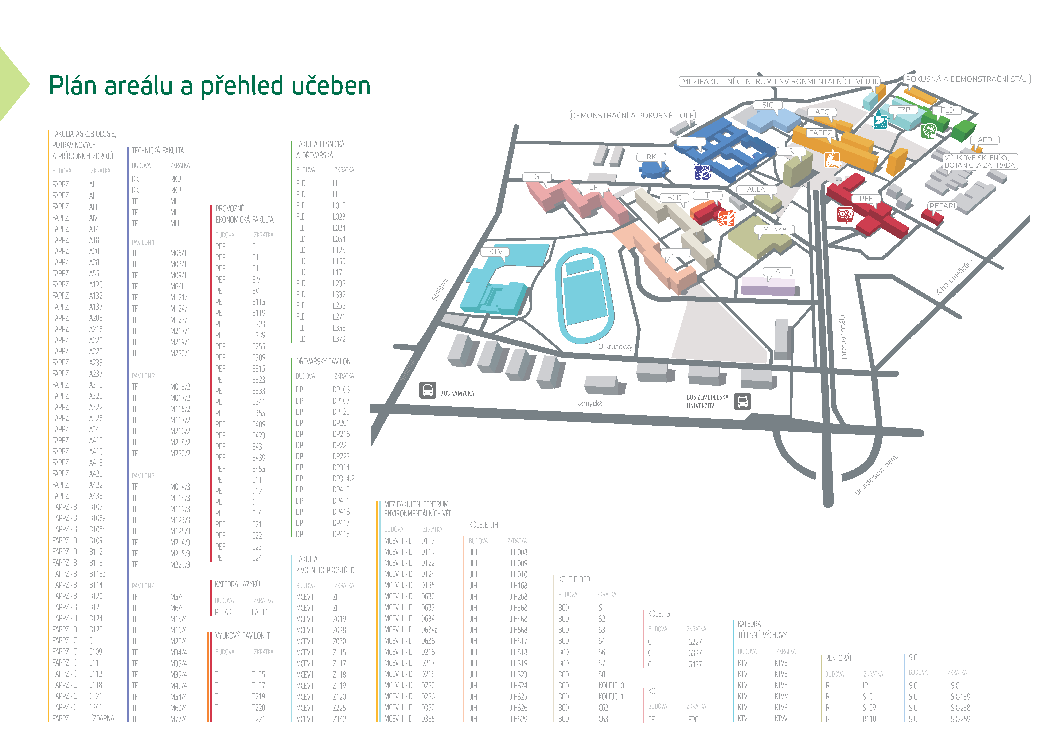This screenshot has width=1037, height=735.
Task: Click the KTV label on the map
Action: (x=496, y=252)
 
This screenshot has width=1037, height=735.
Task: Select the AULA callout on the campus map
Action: (x=756, y=190)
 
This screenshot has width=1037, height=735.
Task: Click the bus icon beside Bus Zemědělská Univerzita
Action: (x=742, y=401)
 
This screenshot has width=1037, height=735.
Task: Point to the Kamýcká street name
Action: (x=589, y=403)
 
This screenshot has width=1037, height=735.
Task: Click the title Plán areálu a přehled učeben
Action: (x=209, y=86)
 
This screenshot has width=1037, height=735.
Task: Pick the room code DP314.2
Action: (x=343, y=478)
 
